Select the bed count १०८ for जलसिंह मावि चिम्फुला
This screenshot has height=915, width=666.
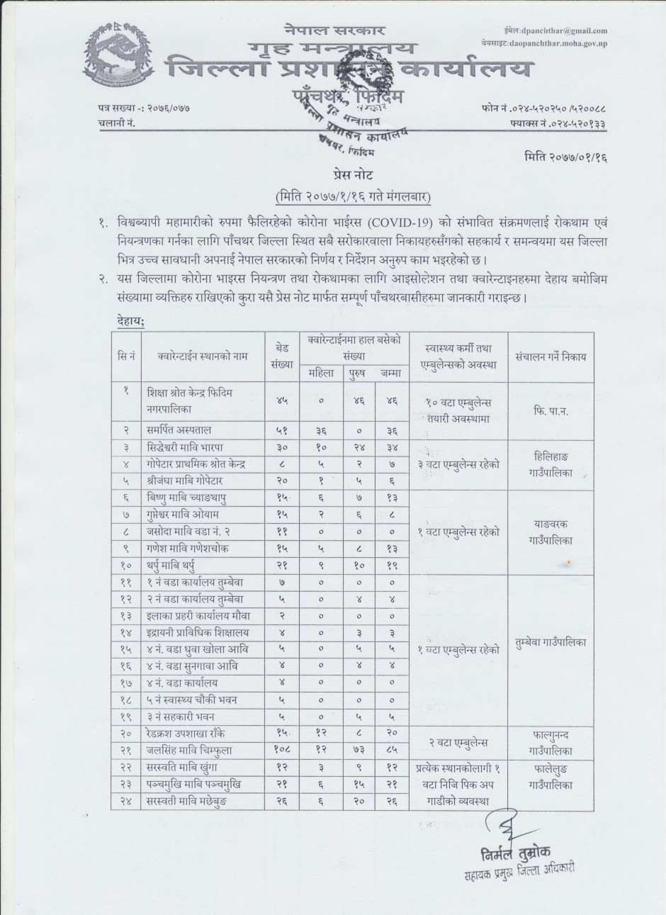pyautogui.click(x=281, y=750)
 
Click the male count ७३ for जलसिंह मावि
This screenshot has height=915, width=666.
pyautogui.click(x=359, y=750)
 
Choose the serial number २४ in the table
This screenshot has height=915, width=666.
pyautogui.click(x=126, y=801)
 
